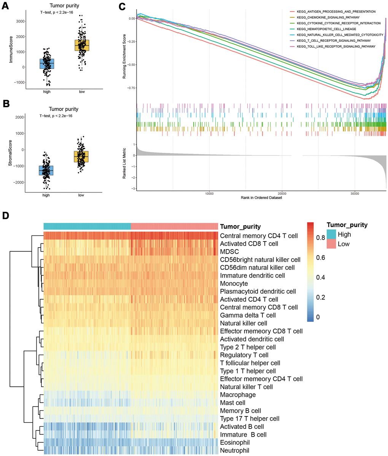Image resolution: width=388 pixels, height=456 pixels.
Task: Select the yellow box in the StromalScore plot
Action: [81, 156]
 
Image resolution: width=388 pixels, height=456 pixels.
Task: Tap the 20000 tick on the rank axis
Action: [282, 194]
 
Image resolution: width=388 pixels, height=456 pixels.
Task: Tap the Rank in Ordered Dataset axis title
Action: [261, 199]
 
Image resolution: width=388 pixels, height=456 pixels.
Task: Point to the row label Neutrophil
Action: [235, 451]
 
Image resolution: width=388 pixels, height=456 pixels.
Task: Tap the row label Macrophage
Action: [238, 395]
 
